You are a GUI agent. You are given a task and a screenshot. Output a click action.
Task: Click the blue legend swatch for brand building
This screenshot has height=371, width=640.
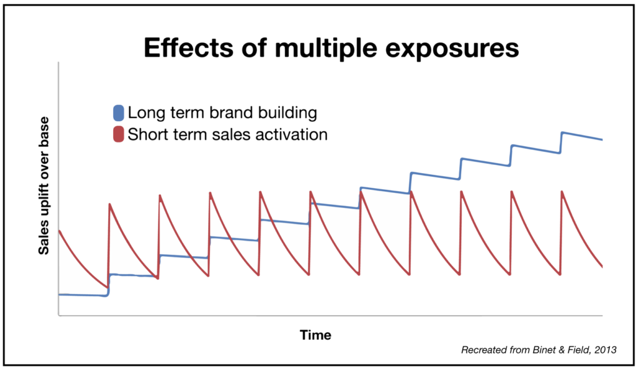point(118,114)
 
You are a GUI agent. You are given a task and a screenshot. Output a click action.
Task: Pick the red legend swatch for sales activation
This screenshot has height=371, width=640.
point(118,134)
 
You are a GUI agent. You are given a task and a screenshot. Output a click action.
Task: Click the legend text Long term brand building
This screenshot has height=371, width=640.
point(222,114)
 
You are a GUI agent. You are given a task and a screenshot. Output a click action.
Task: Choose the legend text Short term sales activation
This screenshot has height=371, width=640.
point(227,134)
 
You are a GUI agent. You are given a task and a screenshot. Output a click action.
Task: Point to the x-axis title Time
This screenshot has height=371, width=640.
point(316,335)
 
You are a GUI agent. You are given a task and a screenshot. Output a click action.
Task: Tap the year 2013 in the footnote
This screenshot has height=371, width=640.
point(604,350)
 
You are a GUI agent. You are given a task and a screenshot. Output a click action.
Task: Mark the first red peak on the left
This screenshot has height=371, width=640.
point(110,204)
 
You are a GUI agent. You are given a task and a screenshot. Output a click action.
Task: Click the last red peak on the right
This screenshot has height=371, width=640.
point(562,192)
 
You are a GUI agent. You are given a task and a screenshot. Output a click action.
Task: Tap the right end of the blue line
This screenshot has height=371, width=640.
point(602,139)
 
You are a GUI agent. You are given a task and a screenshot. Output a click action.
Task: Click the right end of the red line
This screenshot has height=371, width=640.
point(602,267)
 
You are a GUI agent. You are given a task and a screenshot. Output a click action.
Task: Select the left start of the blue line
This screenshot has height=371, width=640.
point(59,294)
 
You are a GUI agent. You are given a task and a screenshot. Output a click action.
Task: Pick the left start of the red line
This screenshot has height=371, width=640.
point(59,231)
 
